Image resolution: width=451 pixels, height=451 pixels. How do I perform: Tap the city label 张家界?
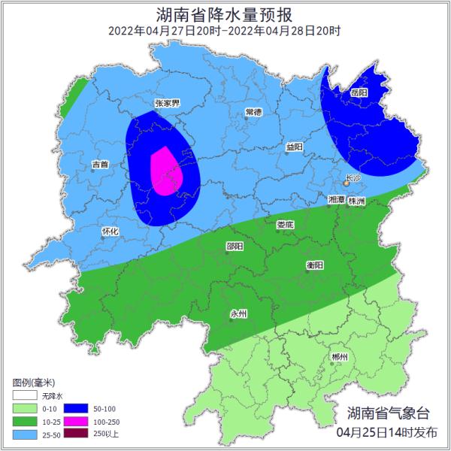[x=167, y=103]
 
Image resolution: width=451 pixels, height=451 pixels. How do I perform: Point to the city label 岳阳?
[x=359, y=92]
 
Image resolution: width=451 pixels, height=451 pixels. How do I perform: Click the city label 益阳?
[x=294, y=147]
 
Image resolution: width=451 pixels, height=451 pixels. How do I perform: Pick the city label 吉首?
[x=100, y=164]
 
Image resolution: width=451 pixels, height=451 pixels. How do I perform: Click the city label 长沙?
[x=353, y=178]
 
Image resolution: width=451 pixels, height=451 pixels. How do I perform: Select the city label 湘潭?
[x=337, y=200]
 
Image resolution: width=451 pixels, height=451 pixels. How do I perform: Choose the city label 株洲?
[x=356, y=201]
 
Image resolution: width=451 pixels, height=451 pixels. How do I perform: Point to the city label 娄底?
[x=285, y=224]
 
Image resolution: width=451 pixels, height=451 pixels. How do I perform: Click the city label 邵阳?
[x=235, y=246]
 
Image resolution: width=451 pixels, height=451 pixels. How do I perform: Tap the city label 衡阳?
[x=315, y=265]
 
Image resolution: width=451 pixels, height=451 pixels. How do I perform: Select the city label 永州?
[x=238, y=313]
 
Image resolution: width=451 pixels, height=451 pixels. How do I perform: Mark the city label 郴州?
[x=340, y=356]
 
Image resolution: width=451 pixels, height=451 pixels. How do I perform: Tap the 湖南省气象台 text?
[x=389, y=413]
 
